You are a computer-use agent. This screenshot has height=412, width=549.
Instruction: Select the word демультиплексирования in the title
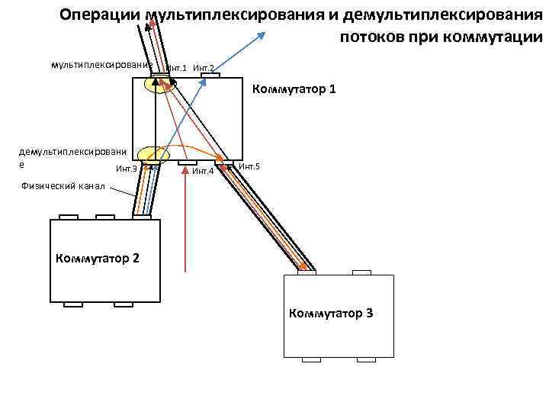click(x=437, y=15)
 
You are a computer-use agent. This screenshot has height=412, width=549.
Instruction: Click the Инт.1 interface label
click(x=177, y=69)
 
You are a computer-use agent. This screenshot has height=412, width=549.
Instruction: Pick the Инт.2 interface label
click(x=204, y=69)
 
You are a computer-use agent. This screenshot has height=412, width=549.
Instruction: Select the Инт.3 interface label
click(x=126, y=169)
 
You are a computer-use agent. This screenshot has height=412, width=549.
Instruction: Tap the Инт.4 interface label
click(x=202, y=171)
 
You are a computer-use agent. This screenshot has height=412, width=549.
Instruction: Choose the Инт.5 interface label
click(x=249, y=166)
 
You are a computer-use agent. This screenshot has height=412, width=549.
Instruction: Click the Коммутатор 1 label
click(x=294, y=91)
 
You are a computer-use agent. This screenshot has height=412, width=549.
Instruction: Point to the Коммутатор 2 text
click(x=97, y=257)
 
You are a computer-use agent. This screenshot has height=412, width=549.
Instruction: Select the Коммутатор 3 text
click(x=330, y=313)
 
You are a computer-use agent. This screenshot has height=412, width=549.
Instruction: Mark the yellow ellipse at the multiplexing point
click(x=160, y=83)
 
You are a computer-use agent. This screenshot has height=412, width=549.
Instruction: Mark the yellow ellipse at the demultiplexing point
click(x=152, y=155)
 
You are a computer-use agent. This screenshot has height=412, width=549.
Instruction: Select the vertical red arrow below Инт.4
click(x=187, y=221)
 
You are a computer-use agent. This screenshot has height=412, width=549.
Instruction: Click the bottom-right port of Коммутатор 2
click(x=124, y=304)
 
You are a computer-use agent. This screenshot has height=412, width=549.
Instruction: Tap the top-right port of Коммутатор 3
click(x=361, y=272)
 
